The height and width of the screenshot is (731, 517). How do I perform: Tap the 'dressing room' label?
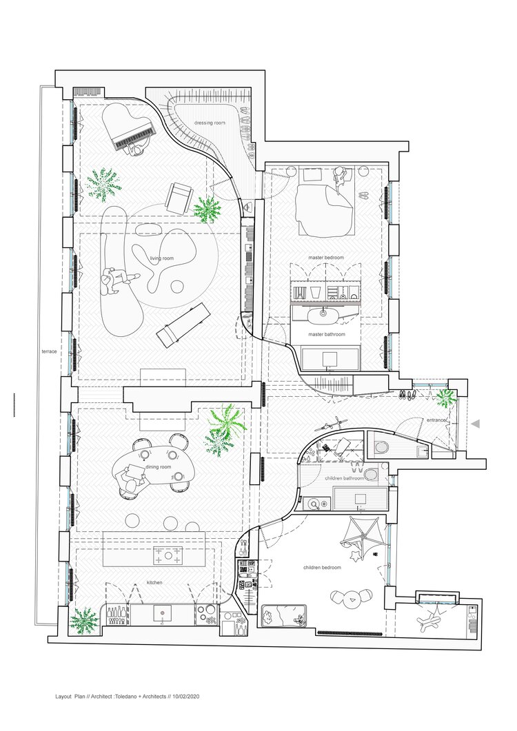tap(210, 123)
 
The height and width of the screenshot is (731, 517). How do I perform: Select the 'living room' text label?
tap(162, 258)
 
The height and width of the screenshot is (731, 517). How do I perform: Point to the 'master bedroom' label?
tap(325, 258)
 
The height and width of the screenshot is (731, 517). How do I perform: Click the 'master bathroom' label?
tap(327, 334)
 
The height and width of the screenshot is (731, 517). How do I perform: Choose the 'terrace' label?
tap(49, 351)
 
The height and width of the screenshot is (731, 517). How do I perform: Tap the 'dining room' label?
tap(158, 466)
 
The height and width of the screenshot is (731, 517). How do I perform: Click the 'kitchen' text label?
tap(154, 582)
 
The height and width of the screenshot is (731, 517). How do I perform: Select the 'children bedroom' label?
tap(322, 567)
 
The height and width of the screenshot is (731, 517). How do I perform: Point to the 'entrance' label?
tap(436, 420)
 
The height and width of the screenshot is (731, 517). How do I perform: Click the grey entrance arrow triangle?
tap(476, 424)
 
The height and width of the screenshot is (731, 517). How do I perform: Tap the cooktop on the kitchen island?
tap(168, 556)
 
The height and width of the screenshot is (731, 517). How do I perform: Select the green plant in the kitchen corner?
tap(84, 621)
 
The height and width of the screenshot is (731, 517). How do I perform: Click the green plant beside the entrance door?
tap(445, 398)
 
